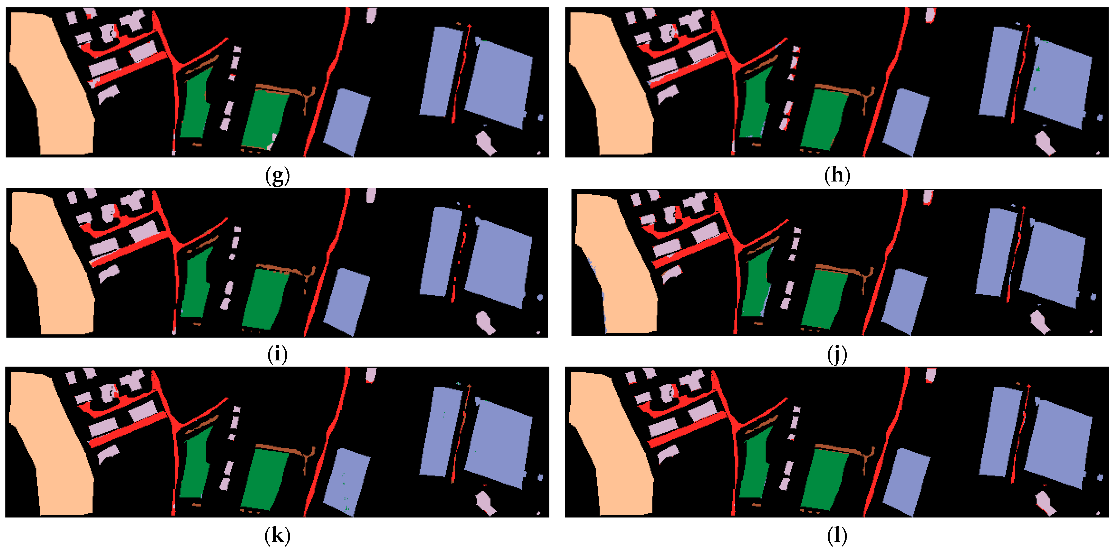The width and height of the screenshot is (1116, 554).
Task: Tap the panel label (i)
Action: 277,355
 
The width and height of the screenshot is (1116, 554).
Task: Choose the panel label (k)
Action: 277,535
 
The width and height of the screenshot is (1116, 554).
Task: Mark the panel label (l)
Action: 837,535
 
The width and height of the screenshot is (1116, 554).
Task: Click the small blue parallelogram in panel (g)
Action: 347,122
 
